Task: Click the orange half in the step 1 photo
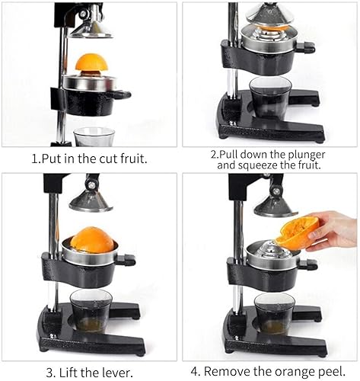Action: tap(91, 63)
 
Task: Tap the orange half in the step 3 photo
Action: tap(92, 240)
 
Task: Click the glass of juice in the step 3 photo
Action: tap(91, 309)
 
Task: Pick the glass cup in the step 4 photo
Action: tap(274, 312)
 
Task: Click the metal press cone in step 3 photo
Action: tap(90, 200)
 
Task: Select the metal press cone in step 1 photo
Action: tap(91, 27)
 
